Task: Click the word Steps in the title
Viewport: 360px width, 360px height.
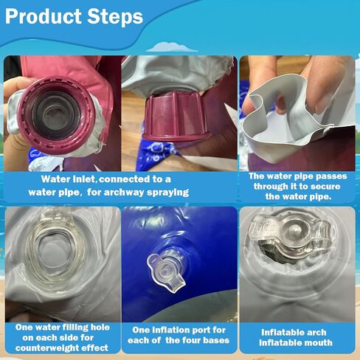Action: click(115, 16)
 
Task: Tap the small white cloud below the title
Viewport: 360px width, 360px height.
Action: click(172, 47)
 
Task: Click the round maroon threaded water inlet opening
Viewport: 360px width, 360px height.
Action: click(56, 115)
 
